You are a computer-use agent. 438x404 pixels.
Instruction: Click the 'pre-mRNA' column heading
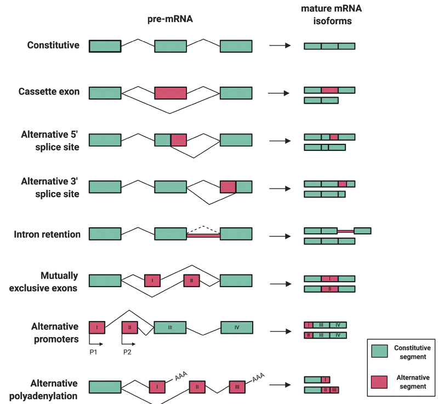click(170, 20)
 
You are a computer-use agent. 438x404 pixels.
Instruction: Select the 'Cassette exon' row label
click(49, 92)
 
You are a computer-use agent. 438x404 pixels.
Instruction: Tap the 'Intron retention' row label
click(47, 234)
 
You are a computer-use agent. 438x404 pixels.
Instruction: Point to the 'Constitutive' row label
click(53, 45)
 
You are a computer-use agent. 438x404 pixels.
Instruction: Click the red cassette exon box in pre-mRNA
click(170, 93)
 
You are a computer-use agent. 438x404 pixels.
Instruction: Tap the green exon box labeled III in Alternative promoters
click(170, 328)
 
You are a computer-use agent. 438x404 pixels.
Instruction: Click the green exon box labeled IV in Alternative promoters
click(237, 328)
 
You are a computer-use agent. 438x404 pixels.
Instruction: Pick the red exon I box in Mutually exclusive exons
click(152, 281)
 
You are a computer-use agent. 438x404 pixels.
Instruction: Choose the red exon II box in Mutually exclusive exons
click(192, 281)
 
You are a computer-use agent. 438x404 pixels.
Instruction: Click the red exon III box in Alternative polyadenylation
click(237, 387)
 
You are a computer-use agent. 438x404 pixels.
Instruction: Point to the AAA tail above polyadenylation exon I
click(181, 375)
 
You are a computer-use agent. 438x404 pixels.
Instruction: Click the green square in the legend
click(379, 352)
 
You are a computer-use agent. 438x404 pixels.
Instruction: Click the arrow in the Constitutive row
click(280, 46)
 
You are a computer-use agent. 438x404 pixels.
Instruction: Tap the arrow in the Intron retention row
click(280, 237)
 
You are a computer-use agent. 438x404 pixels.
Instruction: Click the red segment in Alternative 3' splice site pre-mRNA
click(228, 187)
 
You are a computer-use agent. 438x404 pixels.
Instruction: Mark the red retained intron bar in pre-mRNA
click(203, 235)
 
